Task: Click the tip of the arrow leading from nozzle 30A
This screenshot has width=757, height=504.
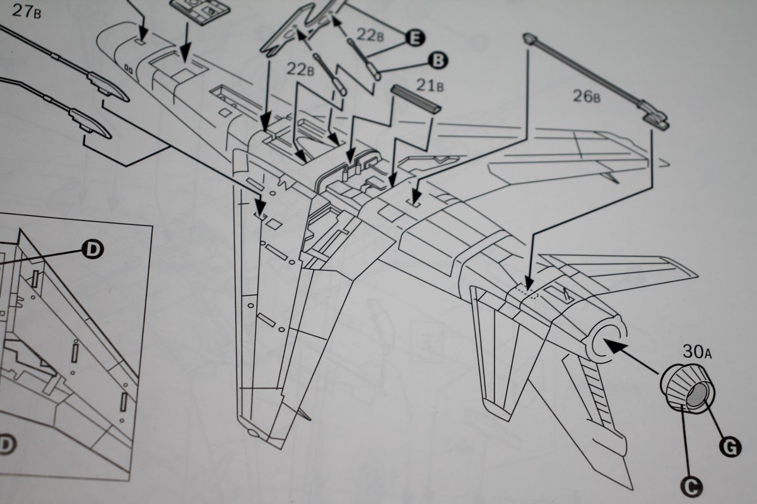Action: click(x=603, y=341)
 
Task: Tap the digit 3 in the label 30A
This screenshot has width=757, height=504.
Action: click(x=688, y=352)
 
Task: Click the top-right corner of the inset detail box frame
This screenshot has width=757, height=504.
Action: click(x=152, y=227)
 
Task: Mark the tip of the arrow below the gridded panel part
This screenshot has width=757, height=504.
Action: click(x=185, y=62)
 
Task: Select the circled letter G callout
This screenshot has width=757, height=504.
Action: click(x=730, y=448)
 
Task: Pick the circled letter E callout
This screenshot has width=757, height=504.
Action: click(x=415, y=37)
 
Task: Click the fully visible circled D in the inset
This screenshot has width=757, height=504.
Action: click(x=93, y=249)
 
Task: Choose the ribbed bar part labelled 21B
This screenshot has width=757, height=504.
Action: click(x=416, y=100)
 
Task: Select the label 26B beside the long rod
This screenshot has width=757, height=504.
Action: click(x=587, y=96)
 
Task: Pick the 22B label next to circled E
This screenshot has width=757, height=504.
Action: click(x=370, y=35)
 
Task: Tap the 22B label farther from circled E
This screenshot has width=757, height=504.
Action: click(x=300, y=69)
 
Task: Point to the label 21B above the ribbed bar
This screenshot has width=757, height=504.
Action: click(x=430, y=86)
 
